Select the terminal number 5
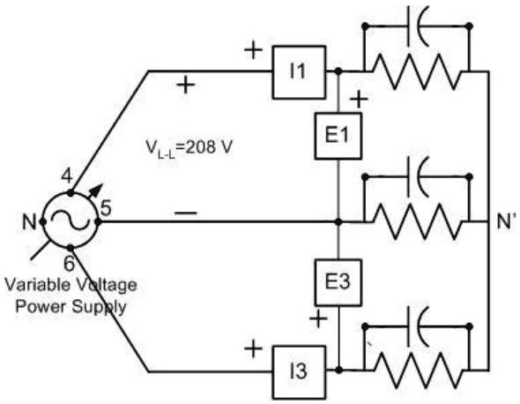pyautogui.click(x=106, y=209)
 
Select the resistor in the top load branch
pyautogui.click(x=414, y=70)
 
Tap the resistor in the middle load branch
pyautogui.click(x=414, y=221)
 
